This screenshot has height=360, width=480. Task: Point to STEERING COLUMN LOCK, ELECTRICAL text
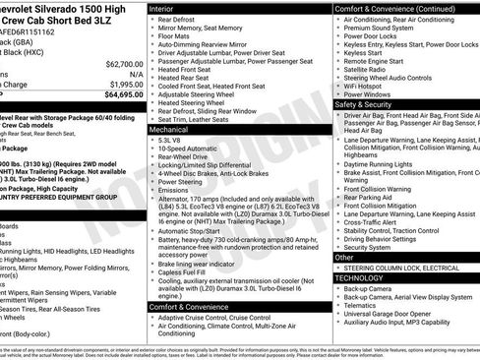click(x=402, y=268)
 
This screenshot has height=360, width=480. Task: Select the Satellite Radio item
click(x=368, y=70)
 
